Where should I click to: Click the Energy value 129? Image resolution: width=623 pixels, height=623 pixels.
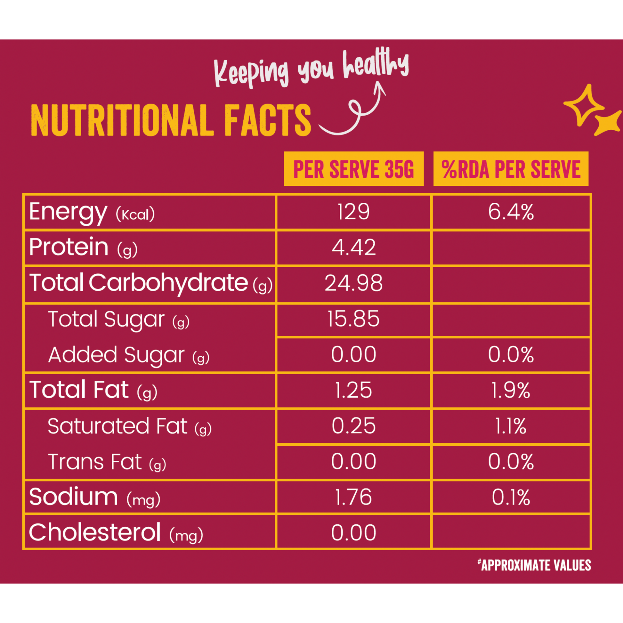pos(353,212)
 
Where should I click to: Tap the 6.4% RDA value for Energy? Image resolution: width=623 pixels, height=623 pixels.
pos(511,212)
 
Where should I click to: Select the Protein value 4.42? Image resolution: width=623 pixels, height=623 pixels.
pos(353,248)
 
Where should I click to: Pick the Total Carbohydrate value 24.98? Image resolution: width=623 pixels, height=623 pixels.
pos(353,283)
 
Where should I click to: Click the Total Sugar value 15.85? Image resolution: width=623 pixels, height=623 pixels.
pos(353,319)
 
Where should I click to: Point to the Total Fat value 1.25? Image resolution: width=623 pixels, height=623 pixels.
pos(353,390)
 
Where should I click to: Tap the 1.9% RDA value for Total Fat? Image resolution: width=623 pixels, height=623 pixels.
pos(511,390)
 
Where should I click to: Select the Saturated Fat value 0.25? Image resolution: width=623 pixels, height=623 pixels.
pos(353,426)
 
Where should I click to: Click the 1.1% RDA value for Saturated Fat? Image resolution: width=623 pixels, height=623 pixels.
pos(511,426)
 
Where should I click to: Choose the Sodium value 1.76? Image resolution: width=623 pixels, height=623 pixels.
pos(353,497)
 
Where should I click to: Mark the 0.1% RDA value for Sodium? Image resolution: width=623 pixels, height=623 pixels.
pos(511,497)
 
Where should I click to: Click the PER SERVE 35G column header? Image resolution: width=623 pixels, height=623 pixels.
pos(353,169)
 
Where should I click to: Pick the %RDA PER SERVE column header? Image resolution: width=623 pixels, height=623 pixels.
pos(511,169)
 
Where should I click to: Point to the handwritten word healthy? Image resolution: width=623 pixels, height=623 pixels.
pos(375,64)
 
